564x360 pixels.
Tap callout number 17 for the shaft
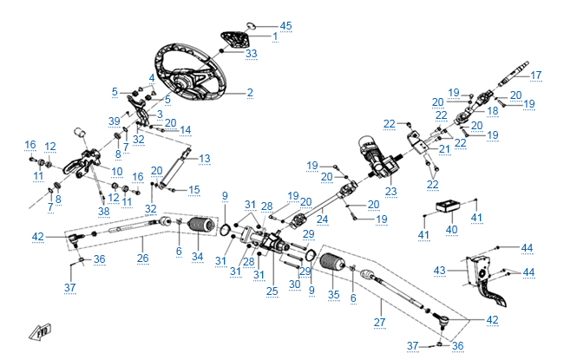point(535,75)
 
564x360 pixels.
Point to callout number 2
point(250,92)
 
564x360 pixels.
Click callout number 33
point(251,54)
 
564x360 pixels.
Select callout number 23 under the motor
point(390,191)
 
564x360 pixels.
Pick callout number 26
point(143,258)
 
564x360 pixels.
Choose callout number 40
point(451,230)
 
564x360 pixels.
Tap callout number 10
point(116,172)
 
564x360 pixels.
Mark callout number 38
point(104,211)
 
